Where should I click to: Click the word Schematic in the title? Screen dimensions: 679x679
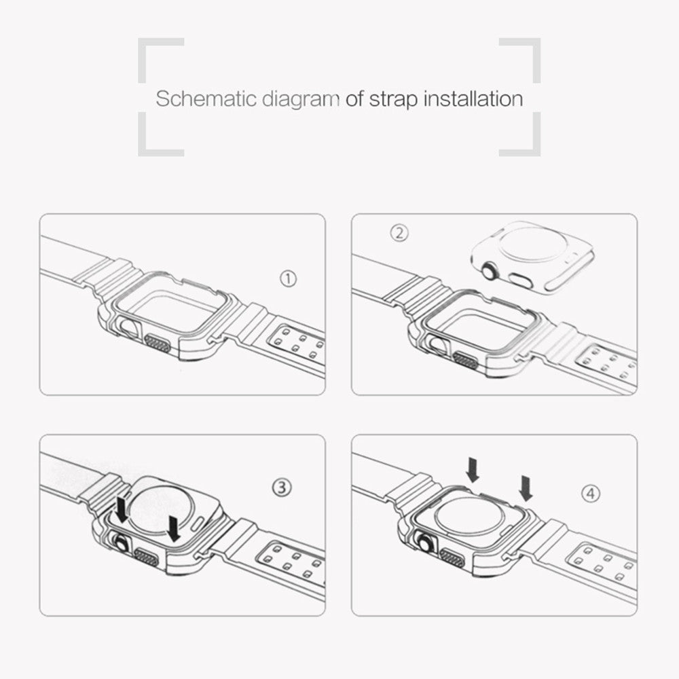coord(206,98)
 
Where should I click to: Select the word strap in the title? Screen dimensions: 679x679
coord(393,100)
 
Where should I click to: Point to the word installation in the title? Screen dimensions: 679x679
coord(473,98)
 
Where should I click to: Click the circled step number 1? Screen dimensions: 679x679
coord(289,279)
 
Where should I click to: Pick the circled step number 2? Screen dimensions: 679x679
coord(399,233)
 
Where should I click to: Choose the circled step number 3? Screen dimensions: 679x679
coord(282,488)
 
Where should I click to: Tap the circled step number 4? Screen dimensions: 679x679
coord(591,493)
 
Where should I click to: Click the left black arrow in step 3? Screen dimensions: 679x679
coord(122,509)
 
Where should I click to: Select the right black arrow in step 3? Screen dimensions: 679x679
coord(174,528)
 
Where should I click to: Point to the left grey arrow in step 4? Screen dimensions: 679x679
coord(473,471)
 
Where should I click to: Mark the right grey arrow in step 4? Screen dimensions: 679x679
coord(526,488)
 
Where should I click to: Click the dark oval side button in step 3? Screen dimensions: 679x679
coord(147,557)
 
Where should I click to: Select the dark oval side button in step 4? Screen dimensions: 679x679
coord(452,557)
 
